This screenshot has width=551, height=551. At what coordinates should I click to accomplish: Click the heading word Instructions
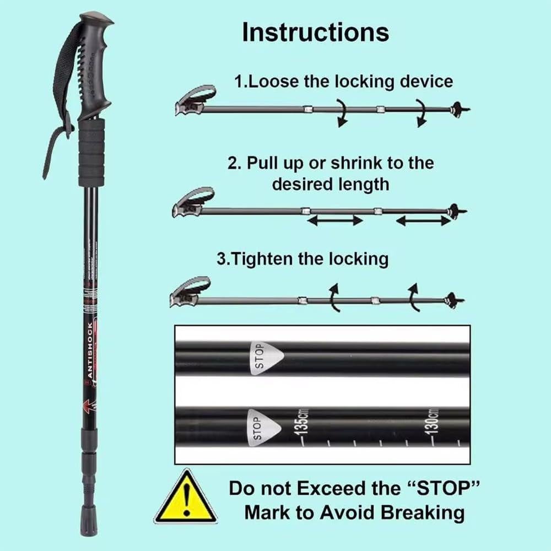(315, 32)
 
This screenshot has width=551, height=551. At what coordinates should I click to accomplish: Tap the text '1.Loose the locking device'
(343, 82)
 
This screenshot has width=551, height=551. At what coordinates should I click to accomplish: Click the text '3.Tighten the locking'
(302, 258)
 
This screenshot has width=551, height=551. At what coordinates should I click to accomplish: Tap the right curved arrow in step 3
(413, 296)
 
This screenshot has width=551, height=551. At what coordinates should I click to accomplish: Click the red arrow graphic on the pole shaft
(87, 407)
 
